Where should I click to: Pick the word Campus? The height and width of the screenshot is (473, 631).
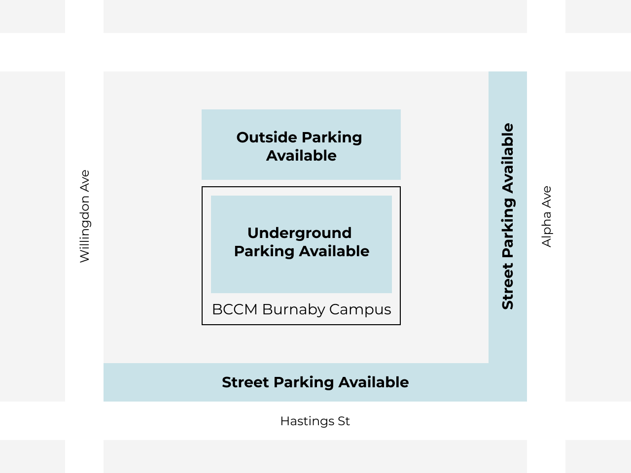coord(360,309)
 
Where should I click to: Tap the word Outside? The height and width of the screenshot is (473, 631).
coord(267,137)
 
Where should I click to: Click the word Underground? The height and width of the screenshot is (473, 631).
coord(299,233)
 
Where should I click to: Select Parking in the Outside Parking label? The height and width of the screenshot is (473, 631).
coord(331,137)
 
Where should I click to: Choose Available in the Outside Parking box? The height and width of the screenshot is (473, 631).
coord(301,156)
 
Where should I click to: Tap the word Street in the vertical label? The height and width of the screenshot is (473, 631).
coord(508,286)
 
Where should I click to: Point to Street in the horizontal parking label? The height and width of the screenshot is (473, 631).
coord(245,382)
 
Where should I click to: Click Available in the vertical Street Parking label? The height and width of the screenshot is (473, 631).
coord(508,158)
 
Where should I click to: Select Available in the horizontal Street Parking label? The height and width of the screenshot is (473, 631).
coord(373,382)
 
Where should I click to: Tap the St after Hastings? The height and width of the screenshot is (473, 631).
coord(344,421)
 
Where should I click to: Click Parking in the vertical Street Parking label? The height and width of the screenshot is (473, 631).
coord(508,228)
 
